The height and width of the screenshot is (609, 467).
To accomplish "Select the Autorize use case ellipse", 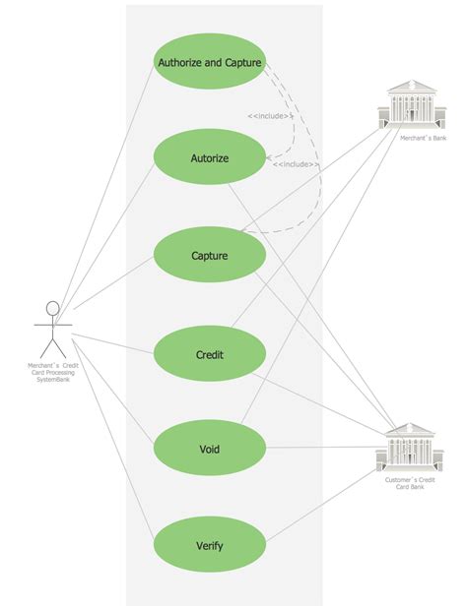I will click(x=210, y=157).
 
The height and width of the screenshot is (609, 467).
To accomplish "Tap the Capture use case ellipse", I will click(x=210, y=256).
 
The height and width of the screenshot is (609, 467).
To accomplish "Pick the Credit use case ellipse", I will click(x=210, y=353).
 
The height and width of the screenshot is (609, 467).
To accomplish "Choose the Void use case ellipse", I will click(x=210, y=449).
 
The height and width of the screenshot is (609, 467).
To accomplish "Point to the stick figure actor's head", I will click(x=53, y=309).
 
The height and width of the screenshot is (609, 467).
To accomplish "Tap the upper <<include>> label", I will click(x=270, y=116).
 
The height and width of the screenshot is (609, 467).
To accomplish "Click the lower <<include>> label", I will click(x=296, y=164).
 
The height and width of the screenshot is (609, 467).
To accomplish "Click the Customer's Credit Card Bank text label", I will click(x=410, y=482).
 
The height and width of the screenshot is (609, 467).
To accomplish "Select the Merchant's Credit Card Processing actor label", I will click(x=53, y=374).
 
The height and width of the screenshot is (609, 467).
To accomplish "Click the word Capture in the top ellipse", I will click(x=240, y=62).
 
